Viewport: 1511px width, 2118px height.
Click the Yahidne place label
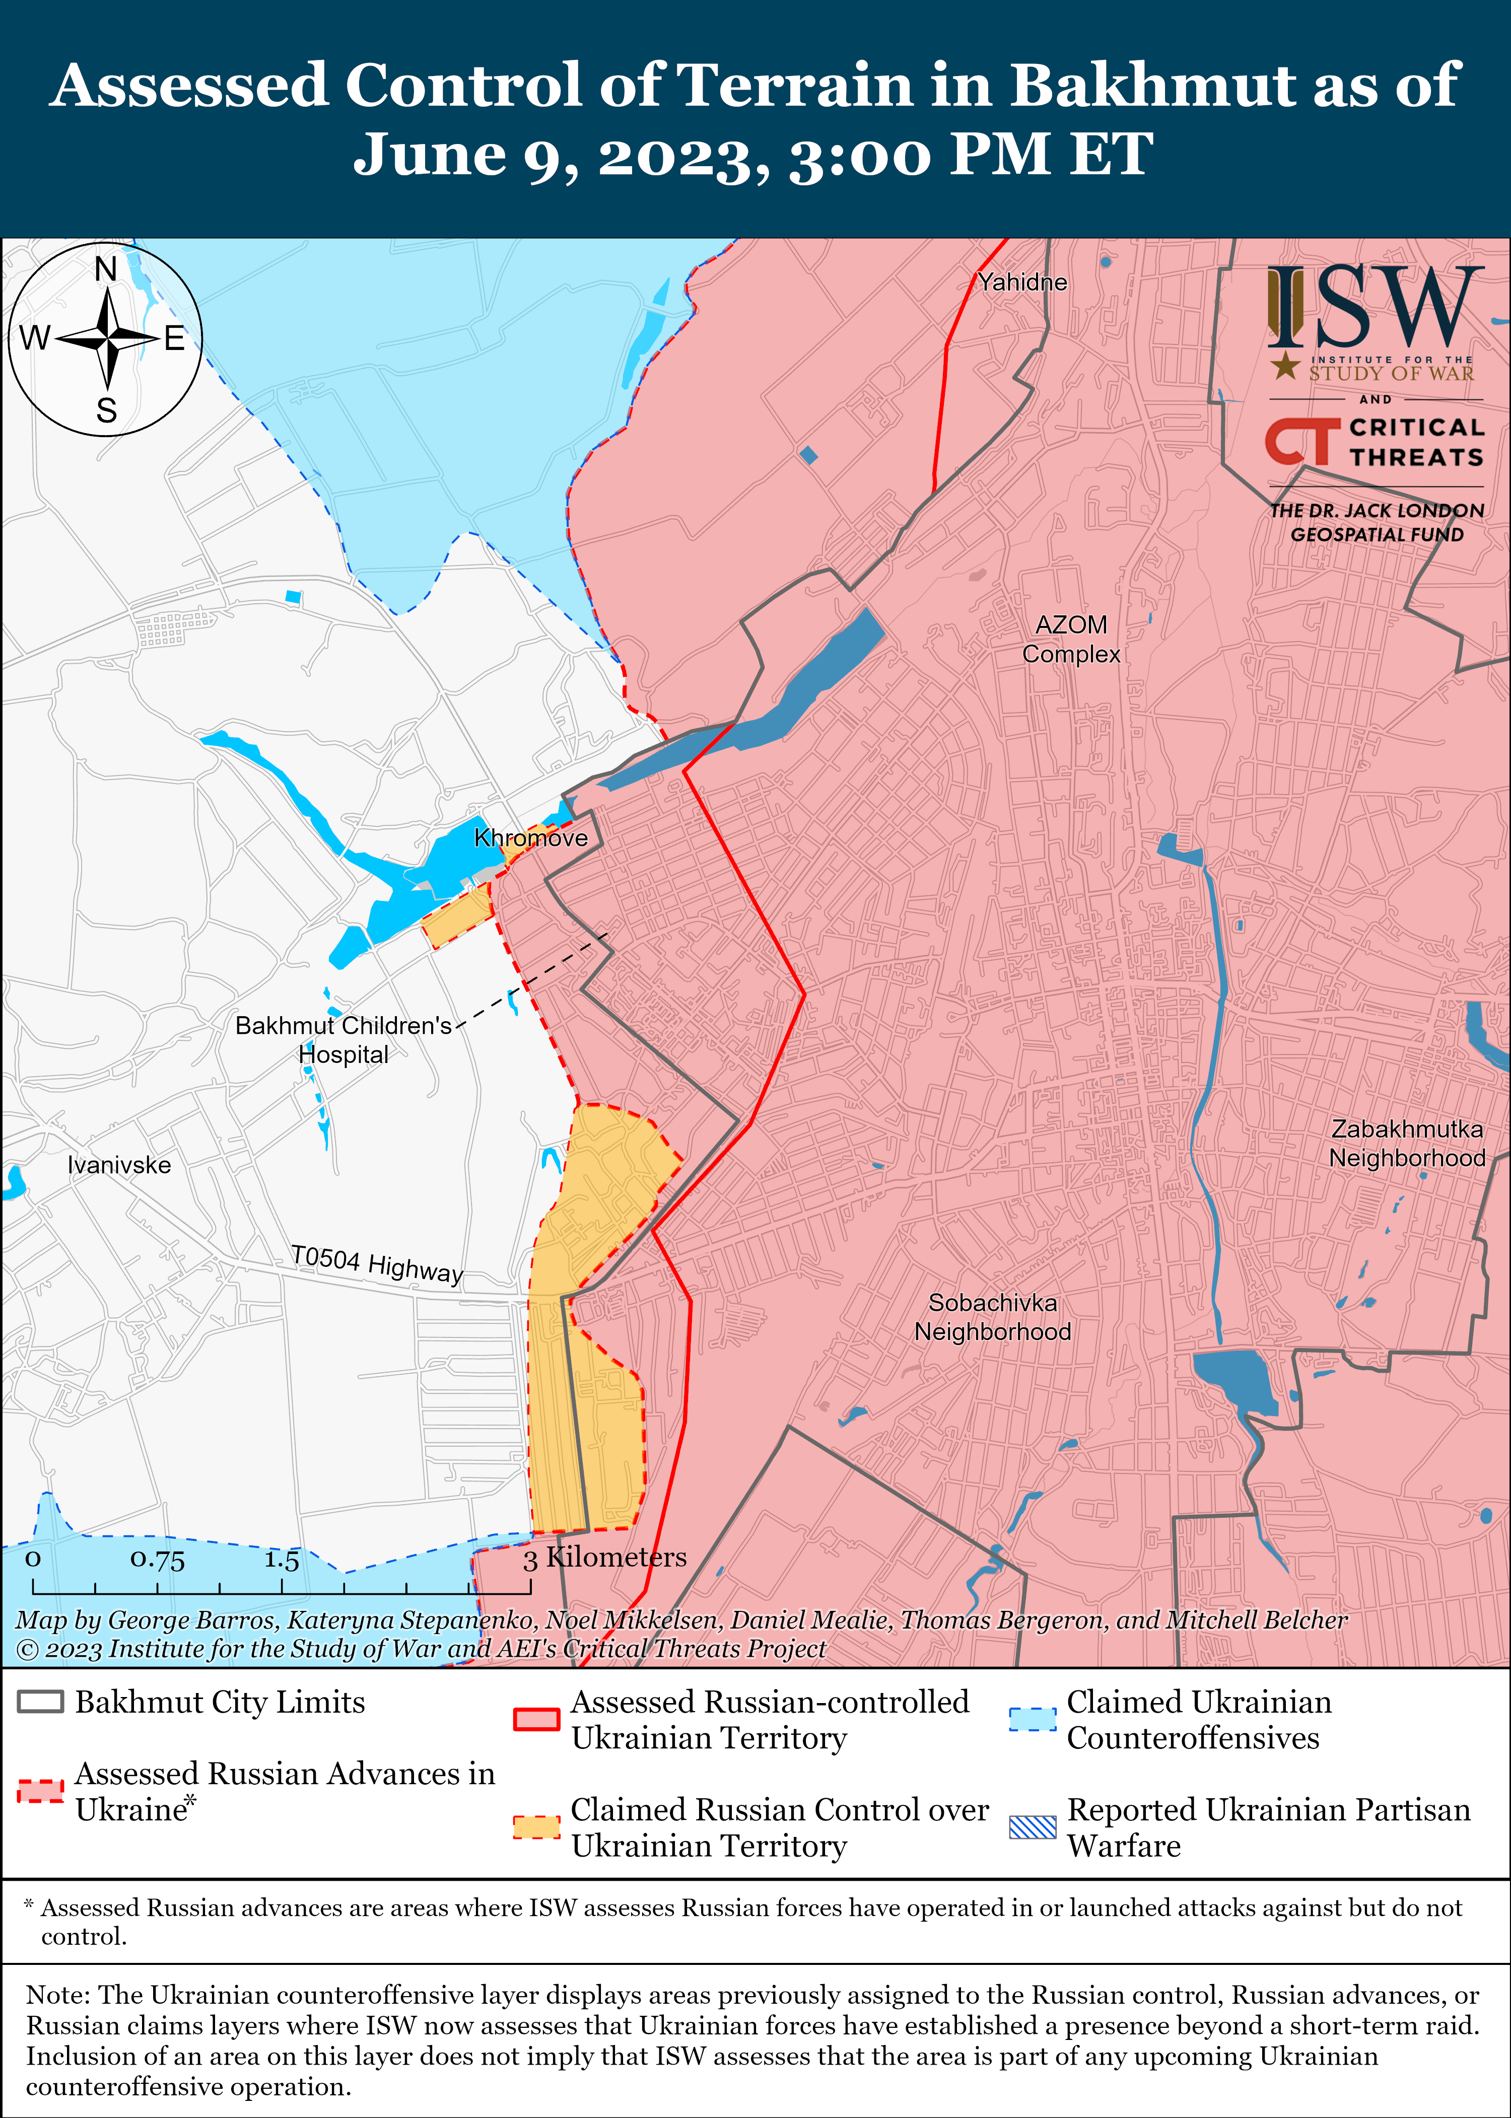click(x=1021, y=282)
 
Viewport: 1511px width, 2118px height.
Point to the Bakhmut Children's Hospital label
click(x=344, y=1039)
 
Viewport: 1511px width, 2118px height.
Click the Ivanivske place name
click(x=119, y=1165)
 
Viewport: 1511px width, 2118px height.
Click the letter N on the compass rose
click(x=106, y=270)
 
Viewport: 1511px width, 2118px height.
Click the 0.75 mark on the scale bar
click(x=157, y=1560)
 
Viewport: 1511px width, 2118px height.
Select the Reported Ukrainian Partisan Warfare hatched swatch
click(x=1033, y=1827)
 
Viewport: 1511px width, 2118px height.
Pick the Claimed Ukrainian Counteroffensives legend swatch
click(x=1033, y=1719)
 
